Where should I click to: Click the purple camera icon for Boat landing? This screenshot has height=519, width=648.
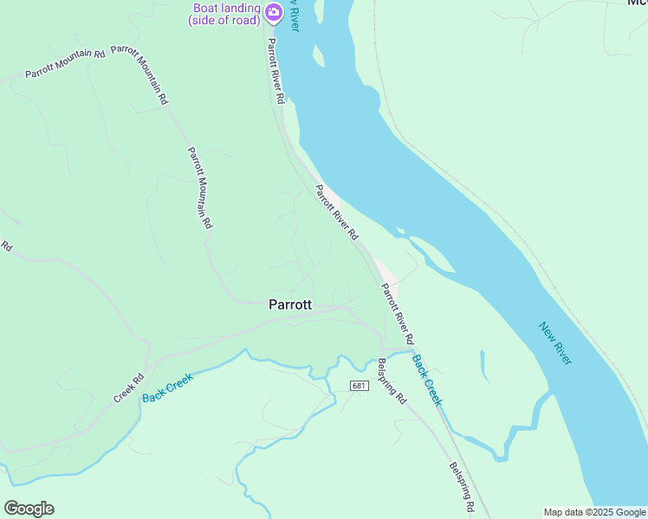(x=274, y=11)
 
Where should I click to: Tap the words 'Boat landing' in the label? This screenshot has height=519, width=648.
(x=227, y=9)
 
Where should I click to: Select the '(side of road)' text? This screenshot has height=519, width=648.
(x=224, y=21)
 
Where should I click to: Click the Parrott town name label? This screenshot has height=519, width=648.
(x=290, y=304)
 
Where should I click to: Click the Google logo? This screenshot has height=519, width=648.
(x=29, y=509)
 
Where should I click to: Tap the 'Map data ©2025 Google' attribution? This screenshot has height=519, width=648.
(x=594, y=512)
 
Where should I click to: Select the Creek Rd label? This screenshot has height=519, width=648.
(x=128, y=388)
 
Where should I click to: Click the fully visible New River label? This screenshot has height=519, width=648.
(x=555, y=343)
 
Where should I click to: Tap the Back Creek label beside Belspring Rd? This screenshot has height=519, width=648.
(x=426, y=380)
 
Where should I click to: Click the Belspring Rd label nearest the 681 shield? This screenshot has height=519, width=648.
(x=392, y=381)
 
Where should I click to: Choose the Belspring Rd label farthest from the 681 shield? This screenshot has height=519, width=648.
(x=461, y=484)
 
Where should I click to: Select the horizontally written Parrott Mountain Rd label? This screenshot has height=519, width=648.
(x=65, y=65)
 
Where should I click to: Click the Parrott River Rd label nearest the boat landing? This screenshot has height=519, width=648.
(x=275, y=71)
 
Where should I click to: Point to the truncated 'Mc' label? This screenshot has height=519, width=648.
(x=637, y=3)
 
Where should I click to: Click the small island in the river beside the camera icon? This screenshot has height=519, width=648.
(x=318, y=56)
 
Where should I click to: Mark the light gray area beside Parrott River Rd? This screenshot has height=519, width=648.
(x=386, y=272)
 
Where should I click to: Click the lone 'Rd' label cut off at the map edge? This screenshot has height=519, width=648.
(x=6, y=247)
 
